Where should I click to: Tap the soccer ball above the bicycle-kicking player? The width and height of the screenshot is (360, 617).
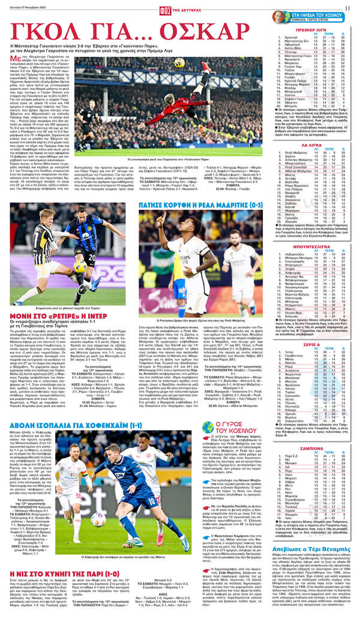179,62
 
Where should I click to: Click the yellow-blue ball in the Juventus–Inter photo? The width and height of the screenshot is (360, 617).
79,266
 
